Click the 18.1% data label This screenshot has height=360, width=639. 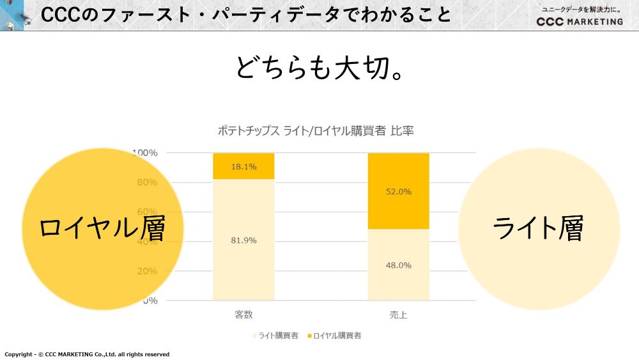[243, 167]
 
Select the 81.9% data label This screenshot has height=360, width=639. [243, 240]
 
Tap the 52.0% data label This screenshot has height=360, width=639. [399, 191]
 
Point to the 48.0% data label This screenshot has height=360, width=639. [399, 265]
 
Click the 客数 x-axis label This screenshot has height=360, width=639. [243, 315]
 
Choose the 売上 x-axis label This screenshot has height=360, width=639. [398, 315]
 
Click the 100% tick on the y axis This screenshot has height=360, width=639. [146, 153]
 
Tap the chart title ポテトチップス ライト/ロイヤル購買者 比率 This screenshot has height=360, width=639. [316, 131]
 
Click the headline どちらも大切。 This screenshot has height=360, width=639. [319, 68]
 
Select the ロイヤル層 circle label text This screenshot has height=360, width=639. [102, 228]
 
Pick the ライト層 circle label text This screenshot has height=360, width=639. [538, 228]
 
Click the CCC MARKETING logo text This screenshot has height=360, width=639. [580, 21]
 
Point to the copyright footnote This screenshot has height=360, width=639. [87, 354]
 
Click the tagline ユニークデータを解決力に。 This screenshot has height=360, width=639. [581, 9]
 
